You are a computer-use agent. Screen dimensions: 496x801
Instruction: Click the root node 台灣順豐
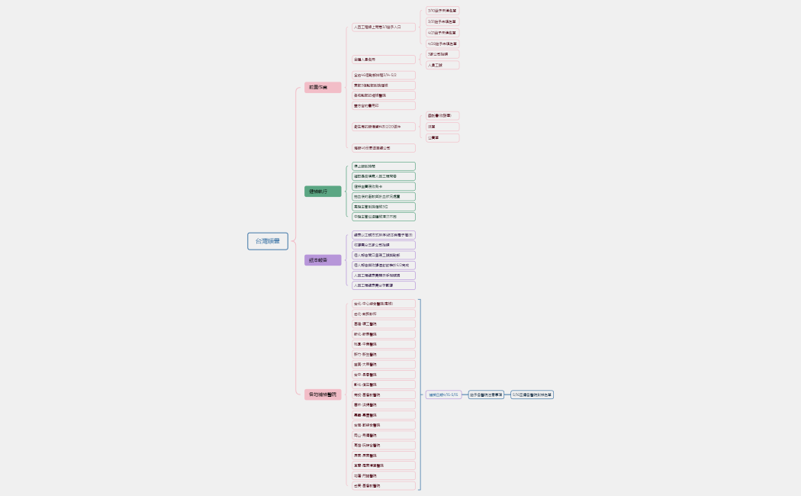coord(268,241)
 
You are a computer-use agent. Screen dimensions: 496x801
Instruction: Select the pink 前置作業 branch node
coord(323,87)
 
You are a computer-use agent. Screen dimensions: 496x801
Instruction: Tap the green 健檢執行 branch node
coord(323,192)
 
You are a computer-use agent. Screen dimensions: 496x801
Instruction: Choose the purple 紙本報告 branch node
coord(323,260)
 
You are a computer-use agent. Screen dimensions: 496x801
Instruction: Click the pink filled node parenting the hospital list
coord(323,395)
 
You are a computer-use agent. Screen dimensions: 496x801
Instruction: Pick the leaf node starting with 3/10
coord(442,11)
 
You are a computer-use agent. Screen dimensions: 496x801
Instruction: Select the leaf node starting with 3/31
coord(442,21)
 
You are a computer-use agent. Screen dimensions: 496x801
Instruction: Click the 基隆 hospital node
coord(384,324)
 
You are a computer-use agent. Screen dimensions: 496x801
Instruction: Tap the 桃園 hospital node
coord(384,344)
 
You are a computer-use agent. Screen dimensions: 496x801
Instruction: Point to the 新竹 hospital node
coord(384,354)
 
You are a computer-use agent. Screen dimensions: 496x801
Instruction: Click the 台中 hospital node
coord(384,375)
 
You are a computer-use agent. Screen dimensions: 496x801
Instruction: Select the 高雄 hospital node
coord(384,445)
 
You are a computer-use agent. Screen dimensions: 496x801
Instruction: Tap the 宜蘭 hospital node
coord(384,465)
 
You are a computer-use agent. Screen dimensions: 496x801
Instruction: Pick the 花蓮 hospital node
coord(384,475)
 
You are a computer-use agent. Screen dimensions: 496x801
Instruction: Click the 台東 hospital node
coord(384,485)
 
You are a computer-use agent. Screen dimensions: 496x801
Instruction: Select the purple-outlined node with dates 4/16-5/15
coord(443,395)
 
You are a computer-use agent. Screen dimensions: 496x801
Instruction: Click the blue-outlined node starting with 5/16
coord(532,395)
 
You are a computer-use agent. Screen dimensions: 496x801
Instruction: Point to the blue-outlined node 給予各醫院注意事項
coord(486,395)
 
